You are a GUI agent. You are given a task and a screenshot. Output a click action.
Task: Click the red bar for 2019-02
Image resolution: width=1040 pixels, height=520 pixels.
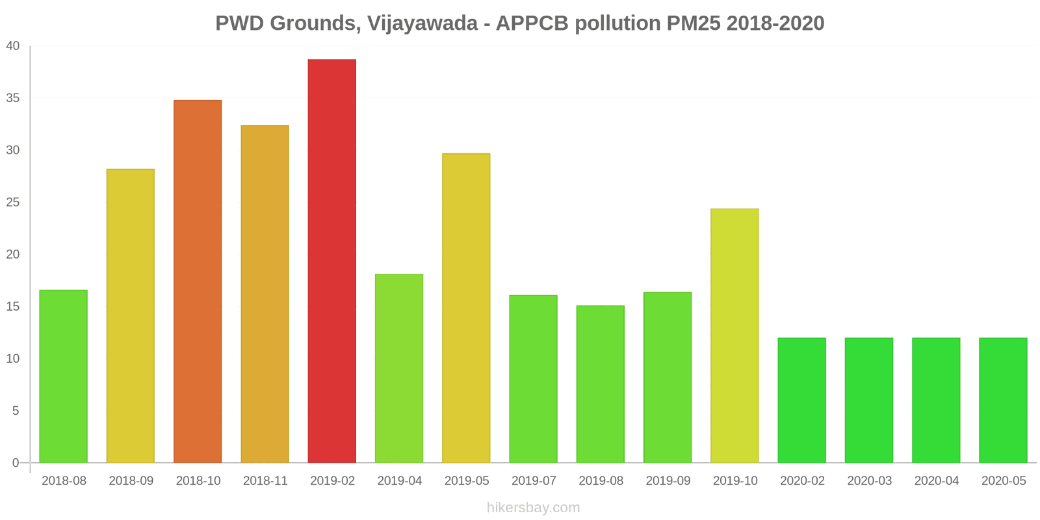331,261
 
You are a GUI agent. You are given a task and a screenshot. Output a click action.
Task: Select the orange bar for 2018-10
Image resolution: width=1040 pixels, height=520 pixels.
198,281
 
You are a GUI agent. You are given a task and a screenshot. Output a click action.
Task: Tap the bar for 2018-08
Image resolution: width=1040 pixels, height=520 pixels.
63,376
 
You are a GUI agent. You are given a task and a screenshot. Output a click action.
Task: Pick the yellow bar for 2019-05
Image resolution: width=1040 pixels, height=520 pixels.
466,308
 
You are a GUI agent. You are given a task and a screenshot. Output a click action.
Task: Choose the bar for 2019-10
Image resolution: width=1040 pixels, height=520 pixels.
734,335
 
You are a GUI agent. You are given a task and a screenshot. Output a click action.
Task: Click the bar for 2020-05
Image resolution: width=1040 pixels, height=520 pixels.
1003,400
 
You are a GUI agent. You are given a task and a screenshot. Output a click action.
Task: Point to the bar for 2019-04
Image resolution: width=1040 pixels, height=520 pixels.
399,369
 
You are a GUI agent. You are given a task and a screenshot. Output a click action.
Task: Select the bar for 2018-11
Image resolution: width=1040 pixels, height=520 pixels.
265,294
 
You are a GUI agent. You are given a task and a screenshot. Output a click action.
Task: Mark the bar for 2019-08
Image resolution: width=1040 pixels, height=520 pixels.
601,384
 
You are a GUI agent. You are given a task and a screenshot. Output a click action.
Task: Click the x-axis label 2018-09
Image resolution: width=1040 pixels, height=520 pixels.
131,481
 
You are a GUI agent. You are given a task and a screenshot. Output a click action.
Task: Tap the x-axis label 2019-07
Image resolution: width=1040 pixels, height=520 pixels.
534,481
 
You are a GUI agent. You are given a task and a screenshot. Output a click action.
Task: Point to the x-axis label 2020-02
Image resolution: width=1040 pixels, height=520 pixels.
802,481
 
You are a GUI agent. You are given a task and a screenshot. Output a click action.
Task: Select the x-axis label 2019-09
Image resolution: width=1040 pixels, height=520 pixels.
668,481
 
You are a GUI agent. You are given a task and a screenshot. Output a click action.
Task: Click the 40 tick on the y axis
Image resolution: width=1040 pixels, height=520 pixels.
13,46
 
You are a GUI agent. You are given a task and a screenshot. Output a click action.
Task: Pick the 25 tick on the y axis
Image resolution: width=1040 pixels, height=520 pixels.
13,203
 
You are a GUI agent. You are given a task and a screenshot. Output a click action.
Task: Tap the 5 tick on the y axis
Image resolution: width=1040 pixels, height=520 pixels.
16,411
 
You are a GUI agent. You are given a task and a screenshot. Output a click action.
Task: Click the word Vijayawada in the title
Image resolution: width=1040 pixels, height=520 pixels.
422,23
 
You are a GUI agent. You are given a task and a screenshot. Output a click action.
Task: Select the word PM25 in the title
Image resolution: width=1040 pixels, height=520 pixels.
694,23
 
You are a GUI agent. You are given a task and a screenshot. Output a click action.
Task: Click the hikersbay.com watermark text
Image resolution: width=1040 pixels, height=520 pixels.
533,508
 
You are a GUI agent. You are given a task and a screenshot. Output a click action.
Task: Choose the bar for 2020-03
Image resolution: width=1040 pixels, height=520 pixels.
869,400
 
